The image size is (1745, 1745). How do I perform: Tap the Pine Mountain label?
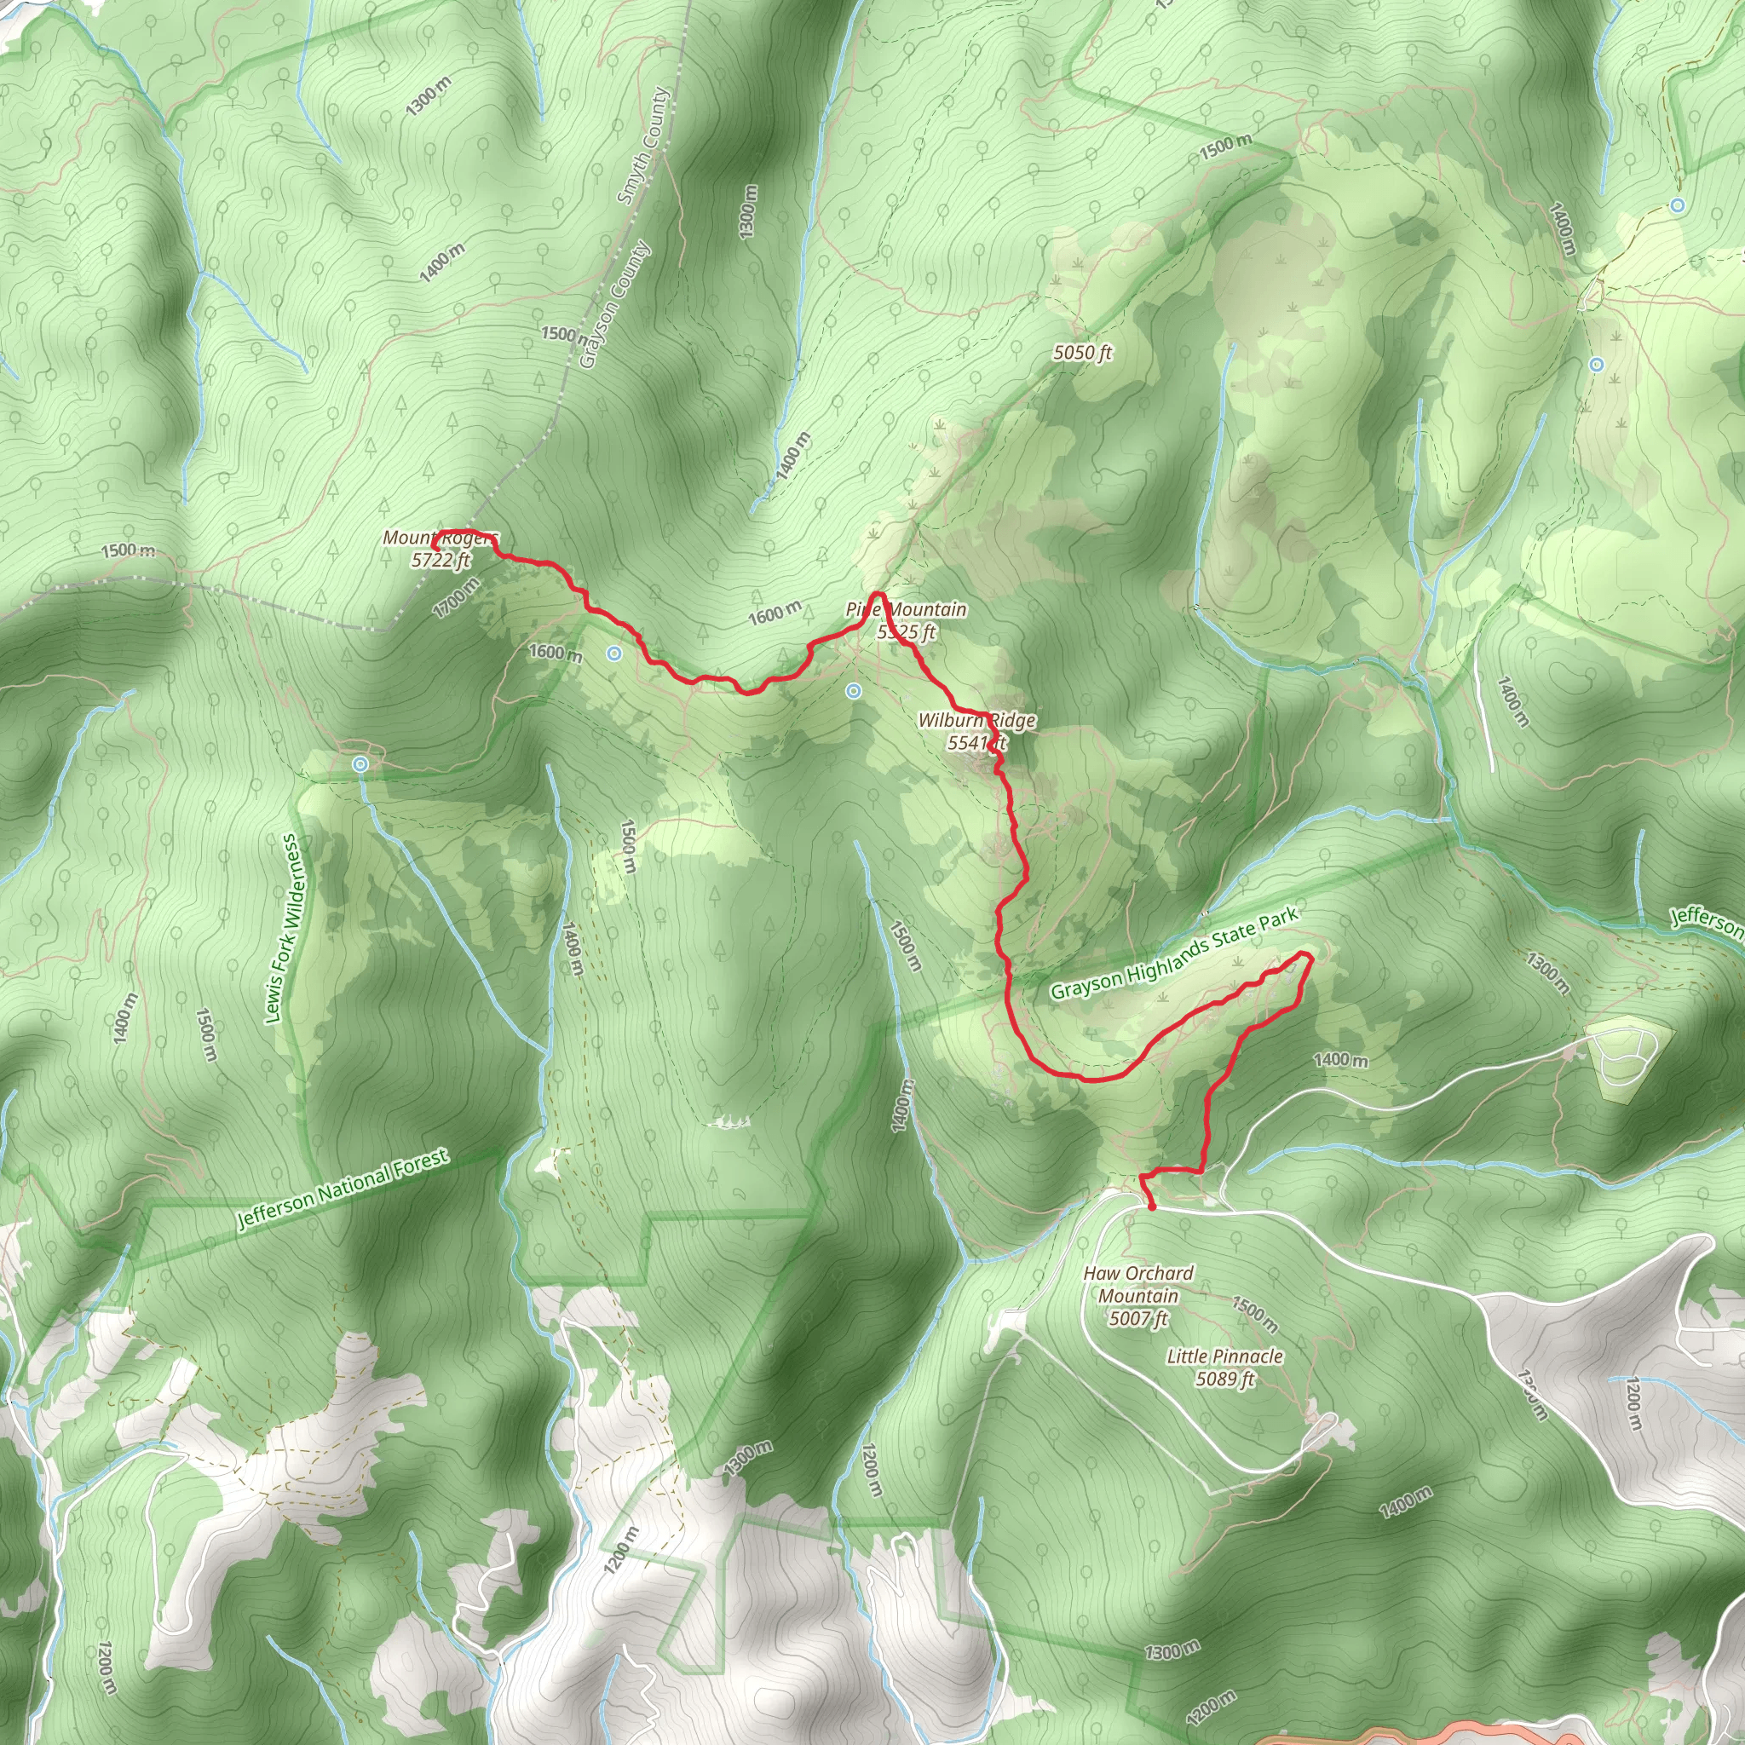(x=906, y=620)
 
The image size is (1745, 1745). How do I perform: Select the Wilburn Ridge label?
(x=976, y=731)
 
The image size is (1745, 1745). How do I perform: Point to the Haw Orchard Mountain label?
(x=1138, y=1295)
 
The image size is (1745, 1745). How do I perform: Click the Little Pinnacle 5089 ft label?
(x=1224, y=1367)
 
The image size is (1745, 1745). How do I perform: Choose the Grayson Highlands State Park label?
(x=1174, y=953)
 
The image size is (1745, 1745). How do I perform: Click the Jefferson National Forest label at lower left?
(x=343, y=1189)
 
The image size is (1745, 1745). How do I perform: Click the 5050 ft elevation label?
(x=1082, y=353)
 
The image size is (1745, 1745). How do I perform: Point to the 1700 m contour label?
(x=456, y=598)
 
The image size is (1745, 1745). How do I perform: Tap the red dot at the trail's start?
(x=1152, y=1207)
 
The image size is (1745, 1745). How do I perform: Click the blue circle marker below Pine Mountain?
(x=854, y=691)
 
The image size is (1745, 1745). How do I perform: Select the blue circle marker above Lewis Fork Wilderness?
(x=361, y=764)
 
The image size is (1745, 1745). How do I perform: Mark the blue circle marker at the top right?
(x=1677, y=205)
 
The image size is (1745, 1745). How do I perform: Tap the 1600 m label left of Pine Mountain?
(x=774, y=614)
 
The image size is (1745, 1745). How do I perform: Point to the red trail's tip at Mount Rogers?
(x=435, y=548)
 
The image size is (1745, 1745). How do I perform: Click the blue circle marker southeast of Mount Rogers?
(x=614, y=653)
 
